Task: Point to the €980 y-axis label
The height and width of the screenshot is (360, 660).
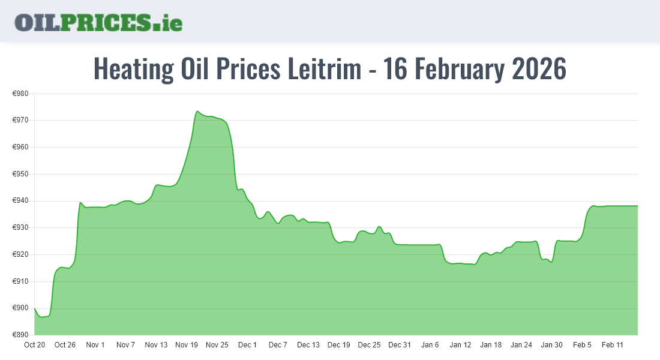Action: (20, 94)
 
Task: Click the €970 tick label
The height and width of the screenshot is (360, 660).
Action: (20, 121)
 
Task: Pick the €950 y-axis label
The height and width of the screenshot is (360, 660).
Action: (20, 174)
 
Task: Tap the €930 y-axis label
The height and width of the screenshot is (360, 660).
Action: (20, 228)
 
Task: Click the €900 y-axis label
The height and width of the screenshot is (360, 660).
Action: (20, 308)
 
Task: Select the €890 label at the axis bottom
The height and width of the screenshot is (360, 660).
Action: (20, 335)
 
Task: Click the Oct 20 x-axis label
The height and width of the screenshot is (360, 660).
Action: (34, 345)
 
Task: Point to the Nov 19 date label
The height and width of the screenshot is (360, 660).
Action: (187, 345)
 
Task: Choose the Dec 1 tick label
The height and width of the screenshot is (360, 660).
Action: (247, 345)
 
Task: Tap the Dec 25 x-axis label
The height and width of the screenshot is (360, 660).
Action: (369, 345)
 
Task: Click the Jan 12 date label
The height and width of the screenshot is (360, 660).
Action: (460, 345)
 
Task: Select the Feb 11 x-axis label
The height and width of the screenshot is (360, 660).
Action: (613, 345)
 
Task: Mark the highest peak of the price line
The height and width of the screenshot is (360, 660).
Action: (197, 111)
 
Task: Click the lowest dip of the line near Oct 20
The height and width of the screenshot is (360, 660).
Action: (41, 317)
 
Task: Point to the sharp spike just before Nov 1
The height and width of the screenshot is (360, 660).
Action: (80, 202)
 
